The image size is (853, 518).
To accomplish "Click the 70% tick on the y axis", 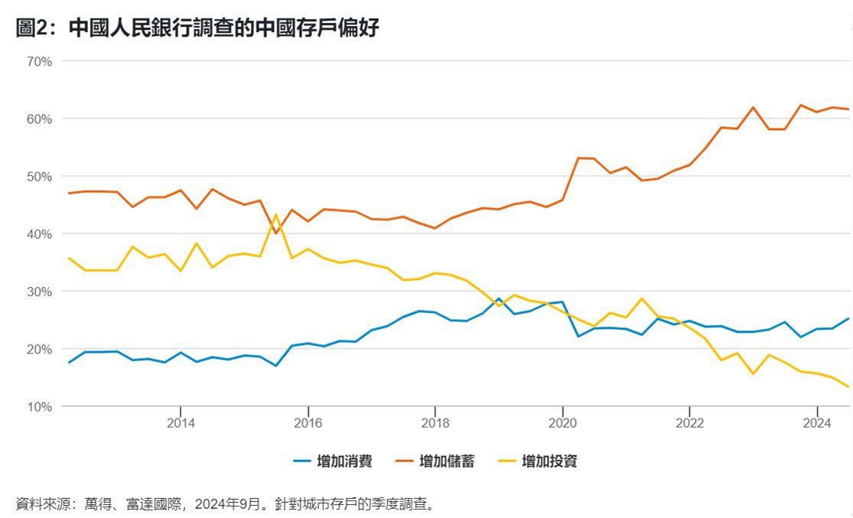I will pyautogui.click(x=38, y=61).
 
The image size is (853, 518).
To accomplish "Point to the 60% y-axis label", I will pyautogui.click(x=38, y=119).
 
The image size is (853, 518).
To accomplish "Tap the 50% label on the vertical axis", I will pyautogui.click(x=38, y=176).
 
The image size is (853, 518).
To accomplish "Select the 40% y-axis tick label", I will pyautogui.click(x=38, y=233).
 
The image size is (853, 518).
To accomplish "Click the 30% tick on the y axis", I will pyautogui.click(x=38, y=292).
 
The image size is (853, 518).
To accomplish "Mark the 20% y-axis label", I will pyautogui.click(x=38, y=349).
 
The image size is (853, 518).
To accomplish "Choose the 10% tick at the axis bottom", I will pyautogui.click(x=38, y=406).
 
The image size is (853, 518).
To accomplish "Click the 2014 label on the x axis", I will pyautogui.click(x=180, y=423).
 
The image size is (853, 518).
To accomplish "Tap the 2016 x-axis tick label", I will pyautogui.click(x=308, y=423).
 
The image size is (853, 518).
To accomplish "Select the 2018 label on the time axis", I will pyautogui.click(x=435, y=423).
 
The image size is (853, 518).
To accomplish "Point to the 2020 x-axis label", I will pyautogui.click(x=562, y=423).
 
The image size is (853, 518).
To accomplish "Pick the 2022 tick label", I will pyautogui.click(x=689, y=423).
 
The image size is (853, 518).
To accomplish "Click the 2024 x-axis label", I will pyautogui.click(x=817, y=423).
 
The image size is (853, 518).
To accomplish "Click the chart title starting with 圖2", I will pyautogui.click(x=197, y=29).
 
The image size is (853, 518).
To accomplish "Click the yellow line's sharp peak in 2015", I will pyautogui.click(x=275, y=215).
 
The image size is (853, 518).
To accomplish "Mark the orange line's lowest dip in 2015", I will pyautogui.click(x=275, y=233).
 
